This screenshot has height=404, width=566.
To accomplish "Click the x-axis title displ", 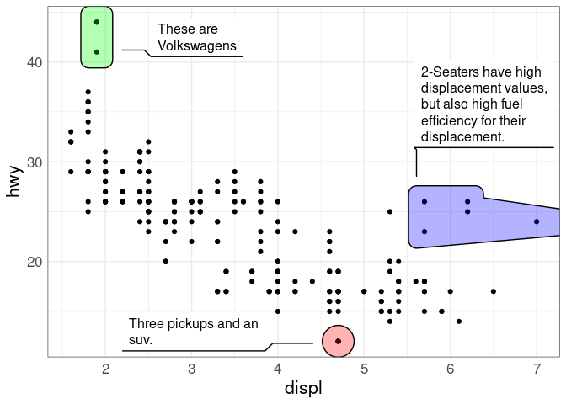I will pos(303,389).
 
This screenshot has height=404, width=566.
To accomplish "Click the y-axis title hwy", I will pos(13,181).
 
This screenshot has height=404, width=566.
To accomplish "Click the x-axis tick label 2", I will pos(105,369).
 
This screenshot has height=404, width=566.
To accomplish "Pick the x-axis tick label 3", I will pos(192,369).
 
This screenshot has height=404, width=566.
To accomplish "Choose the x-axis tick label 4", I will pos(278,369).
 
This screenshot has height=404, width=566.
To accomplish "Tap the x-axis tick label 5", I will pos(364,369).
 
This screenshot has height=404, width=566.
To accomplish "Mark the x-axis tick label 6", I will pos(451,369).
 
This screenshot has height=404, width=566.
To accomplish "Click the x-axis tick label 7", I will pos(537,369).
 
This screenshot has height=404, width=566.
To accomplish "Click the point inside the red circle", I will pos(338,341).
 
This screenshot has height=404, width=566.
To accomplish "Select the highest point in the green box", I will pos(97,22).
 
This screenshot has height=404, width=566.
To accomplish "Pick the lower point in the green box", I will pos(97,52).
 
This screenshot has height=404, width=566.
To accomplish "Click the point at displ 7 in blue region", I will pos(537,221).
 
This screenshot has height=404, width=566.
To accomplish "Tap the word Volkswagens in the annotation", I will pos(197,46).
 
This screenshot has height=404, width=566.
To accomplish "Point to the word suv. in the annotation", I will pos(140,340).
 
